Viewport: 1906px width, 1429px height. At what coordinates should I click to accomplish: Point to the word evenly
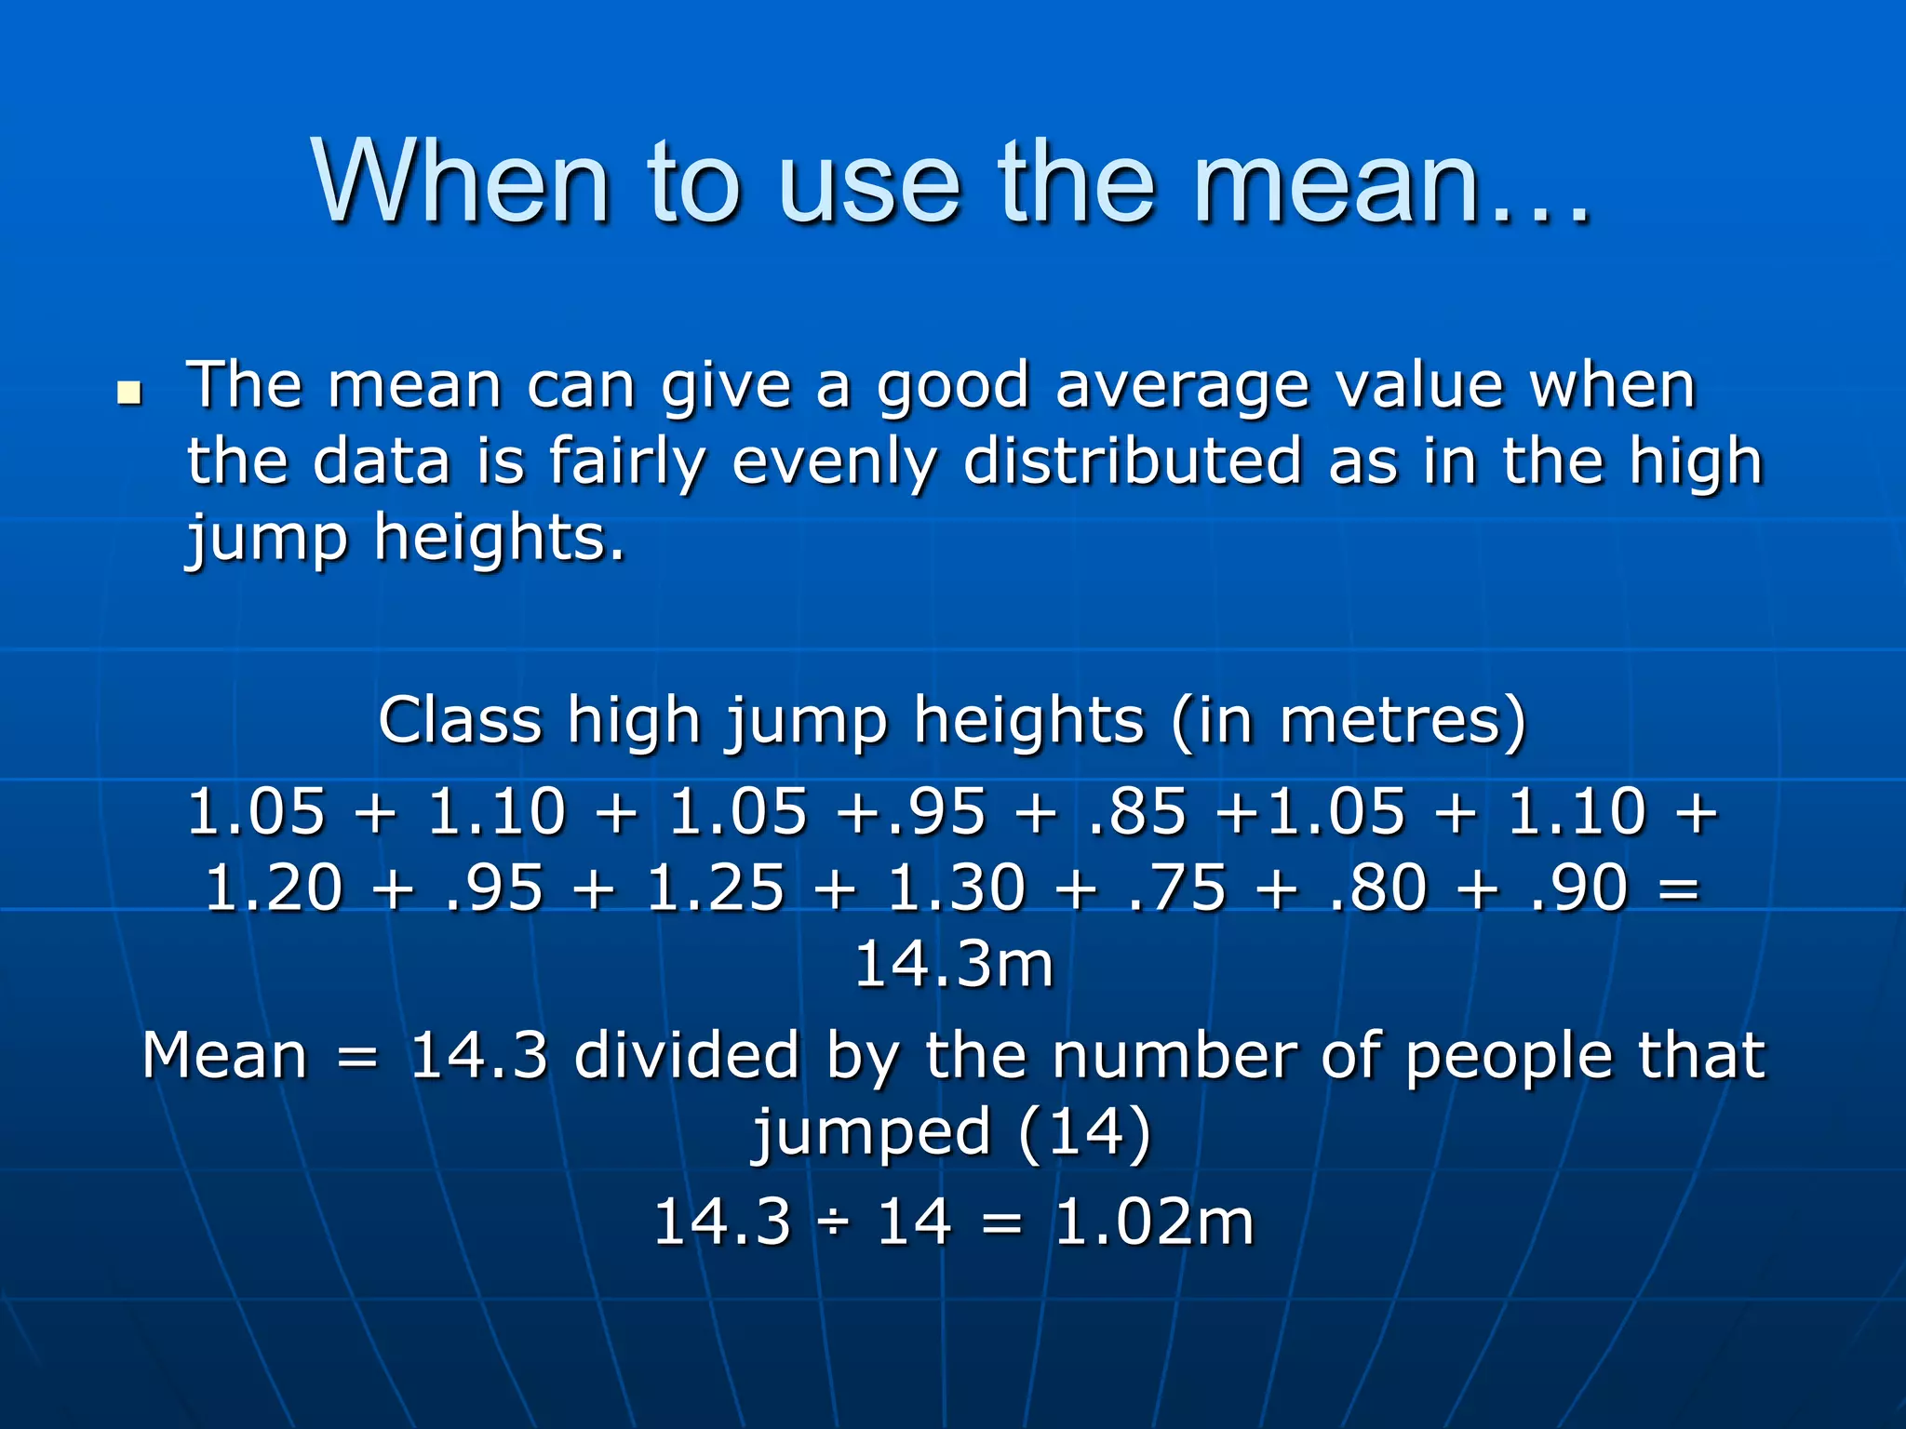(834, 463)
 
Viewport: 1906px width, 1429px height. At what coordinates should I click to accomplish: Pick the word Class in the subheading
(460, 721)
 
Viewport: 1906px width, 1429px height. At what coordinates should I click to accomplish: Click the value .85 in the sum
(1136, 810)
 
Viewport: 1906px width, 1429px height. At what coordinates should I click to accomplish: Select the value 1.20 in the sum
(274, 888)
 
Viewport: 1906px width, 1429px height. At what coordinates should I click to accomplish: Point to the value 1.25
(715, 888)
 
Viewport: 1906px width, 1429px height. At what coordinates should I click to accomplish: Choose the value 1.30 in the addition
(956, 888)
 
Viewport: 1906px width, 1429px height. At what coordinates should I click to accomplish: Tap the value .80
(1377, 888)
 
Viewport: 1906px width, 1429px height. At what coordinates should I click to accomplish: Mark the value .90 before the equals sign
(1578, 888)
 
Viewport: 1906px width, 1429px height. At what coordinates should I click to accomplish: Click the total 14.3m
(953, 965)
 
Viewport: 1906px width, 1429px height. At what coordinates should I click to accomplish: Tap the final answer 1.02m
(1154, 1222)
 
